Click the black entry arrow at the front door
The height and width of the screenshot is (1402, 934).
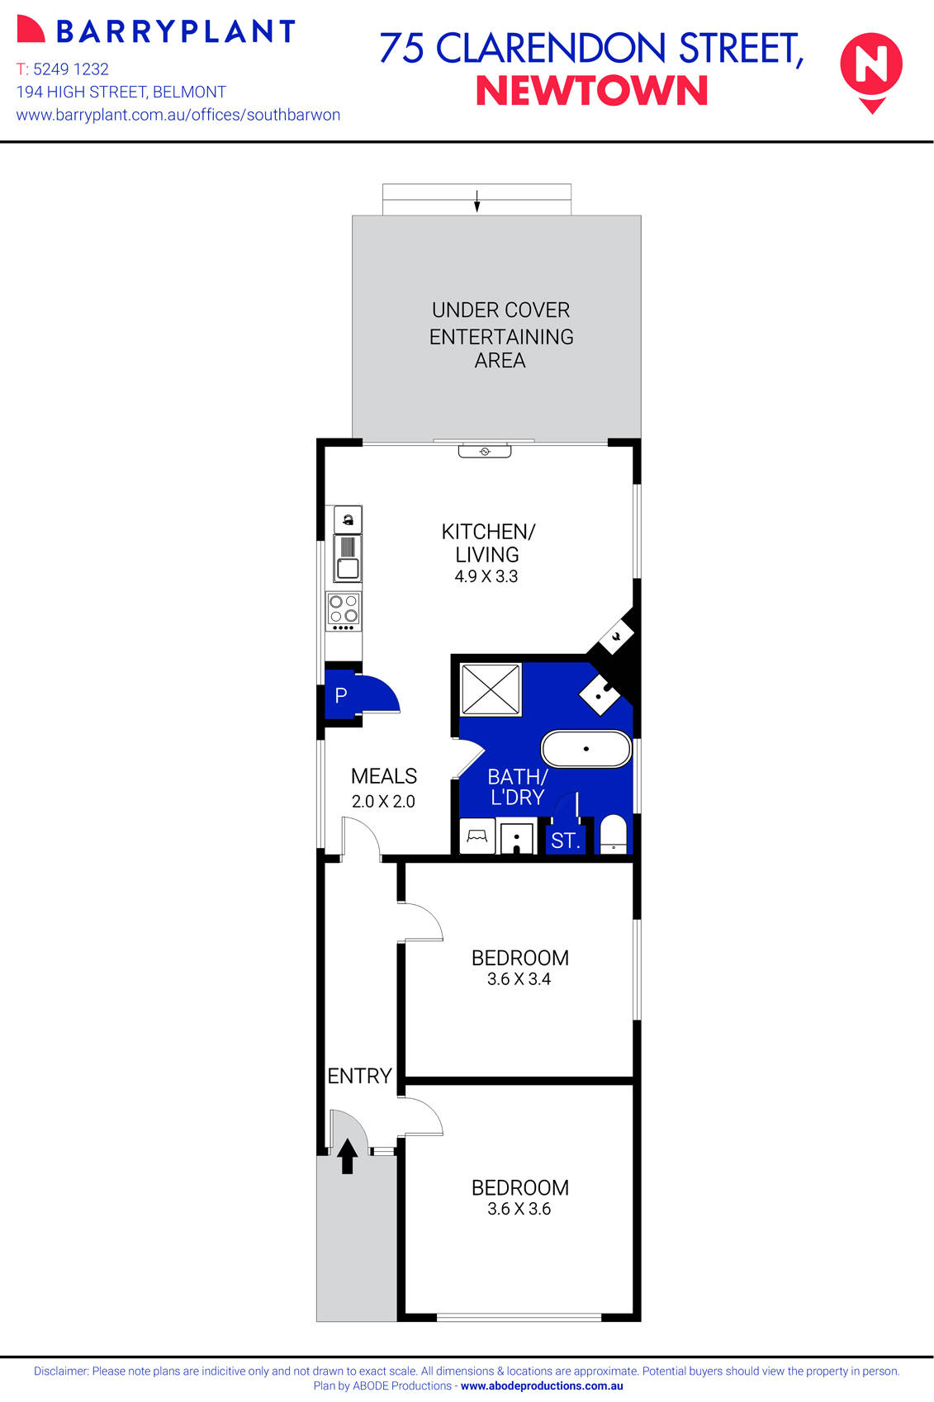(x=348, y=1156)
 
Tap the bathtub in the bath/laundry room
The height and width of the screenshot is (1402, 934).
(x=586, y=749)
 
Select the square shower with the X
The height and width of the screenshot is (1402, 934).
(x=491, y=689)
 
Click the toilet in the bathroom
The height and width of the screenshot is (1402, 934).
(x=613, y=834)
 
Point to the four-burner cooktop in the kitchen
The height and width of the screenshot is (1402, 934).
(x=344, y=610)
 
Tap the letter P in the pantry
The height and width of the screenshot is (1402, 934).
(x=341, y=695)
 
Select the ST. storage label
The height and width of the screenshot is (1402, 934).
(x=566, y=841)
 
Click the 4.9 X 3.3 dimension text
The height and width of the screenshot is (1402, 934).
(x=486, y=576)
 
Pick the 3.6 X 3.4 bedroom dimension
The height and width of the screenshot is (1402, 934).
(x=519, y=979)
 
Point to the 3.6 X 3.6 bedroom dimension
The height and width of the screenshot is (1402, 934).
(x=519, y=1209)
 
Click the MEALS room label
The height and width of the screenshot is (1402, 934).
(x=384, y=776)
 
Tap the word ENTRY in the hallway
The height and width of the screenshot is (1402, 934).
(x=359, y=1076)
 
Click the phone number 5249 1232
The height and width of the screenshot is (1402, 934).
(x=71, y=69)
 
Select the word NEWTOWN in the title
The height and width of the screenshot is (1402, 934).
(x=592, y=91)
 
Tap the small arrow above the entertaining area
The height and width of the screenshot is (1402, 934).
(x=476, y=201)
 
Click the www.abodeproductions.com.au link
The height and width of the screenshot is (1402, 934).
(x=542, y=1386)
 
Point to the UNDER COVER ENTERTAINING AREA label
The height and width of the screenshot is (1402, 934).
(x=501, y=335)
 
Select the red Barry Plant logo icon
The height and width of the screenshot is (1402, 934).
(x=31, y=29)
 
